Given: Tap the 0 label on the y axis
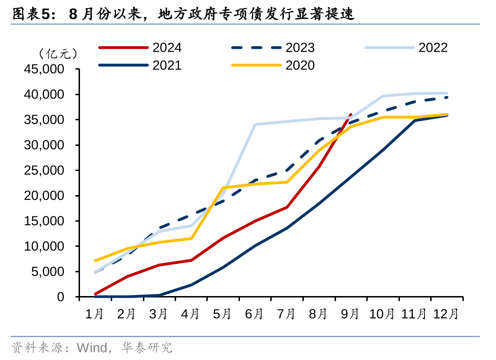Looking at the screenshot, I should [60, 297].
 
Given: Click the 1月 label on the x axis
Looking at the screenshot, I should [95, 314].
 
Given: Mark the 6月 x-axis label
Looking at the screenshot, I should [255, 314].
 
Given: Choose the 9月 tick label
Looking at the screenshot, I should [350, 314].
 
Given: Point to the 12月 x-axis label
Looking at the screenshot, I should [446, 314].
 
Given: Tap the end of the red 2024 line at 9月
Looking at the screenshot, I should [350, 114].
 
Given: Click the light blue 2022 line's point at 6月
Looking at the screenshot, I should [255, 125].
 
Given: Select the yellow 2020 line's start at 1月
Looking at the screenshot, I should [95, 261].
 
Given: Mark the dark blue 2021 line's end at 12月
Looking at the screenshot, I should [447, 115].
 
